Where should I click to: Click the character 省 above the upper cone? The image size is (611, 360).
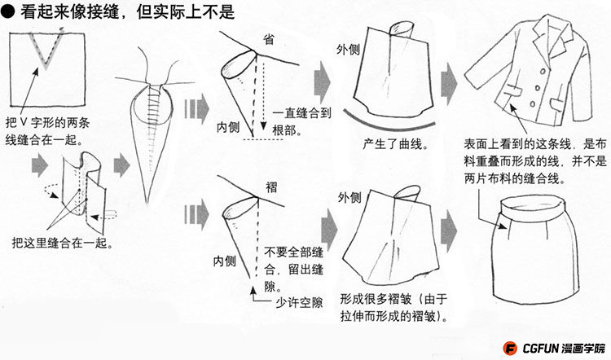coord(269,39)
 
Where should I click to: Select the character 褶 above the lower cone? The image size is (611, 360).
coord(271,187)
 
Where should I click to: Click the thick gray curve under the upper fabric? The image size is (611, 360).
coord(389,125)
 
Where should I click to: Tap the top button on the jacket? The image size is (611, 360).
coord(542,72)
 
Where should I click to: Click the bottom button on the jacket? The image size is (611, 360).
coord(532,104)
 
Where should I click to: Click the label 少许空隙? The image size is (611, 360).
coord(299,302)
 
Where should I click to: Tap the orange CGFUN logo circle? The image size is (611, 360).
coord(510,348)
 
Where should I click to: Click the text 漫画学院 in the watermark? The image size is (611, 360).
coord(583,348)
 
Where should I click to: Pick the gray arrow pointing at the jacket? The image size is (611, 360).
coord(449,84)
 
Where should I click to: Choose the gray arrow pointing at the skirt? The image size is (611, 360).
coord(449,231)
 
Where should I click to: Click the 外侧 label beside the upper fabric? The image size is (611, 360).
coord(348,50)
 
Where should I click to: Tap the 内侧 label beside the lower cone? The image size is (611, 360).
coord(225,261)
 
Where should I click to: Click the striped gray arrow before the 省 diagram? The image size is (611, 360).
coord(197,108)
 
